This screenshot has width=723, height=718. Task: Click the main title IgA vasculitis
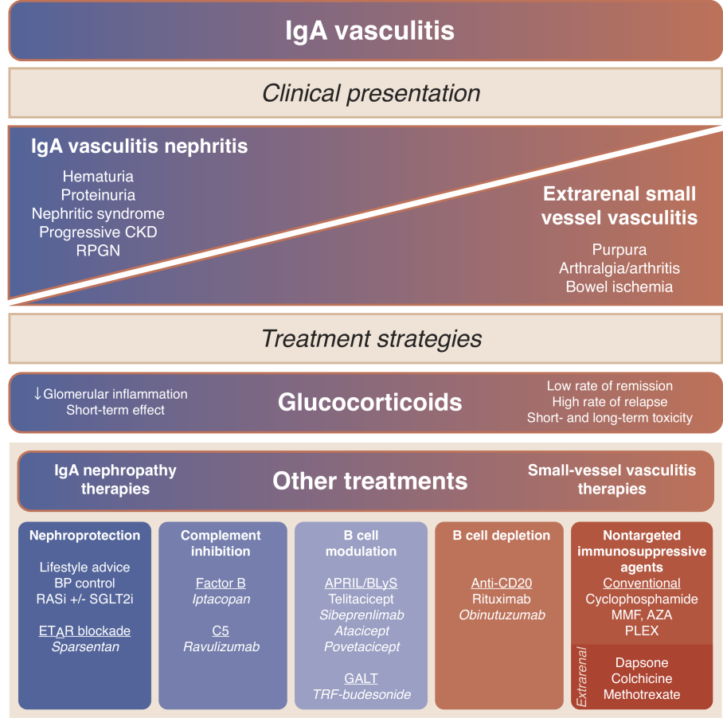coord(369,31)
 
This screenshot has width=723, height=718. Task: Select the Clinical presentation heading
coord(371,93)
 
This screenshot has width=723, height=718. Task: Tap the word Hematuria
coord(98,176)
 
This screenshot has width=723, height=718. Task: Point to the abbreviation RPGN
coord(98,250)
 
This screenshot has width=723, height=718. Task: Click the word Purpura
coord(619,250)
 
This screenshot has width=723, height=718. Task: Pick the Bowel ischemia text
coord(619,287)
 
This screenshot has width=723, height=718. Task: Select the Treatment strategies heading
coord(372,339)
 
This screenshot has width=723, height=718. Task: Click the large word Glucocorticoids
coord(369,402)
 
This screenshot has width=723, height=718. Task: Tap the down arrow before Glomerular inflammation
coord(37,393)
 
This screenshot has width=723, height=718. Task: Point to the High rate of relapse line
coord(610,402)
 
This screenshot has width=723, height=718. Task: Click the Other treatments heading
coord(369,481)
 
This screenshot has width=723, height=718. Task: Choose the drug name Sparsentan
coord(85,646)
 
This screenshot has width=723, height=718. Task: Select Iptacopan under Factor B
coord(221,599)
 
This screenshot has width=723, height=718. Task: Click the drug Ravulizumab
coord(221,646)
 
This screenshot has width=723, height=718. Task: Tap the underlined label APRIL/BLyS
coord(361,583)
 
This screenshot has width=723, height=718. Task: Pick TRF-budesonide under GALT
coord(361,694)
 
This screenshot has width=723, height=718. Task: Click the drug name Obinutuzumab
coord(502,615)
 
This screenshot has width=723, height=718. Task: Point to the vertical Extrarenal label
coord(581,677)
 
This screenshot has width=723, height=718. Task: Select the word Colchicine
coord(642,678)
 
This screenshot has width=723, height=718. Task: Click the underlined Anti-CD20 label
coord(501,583)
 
